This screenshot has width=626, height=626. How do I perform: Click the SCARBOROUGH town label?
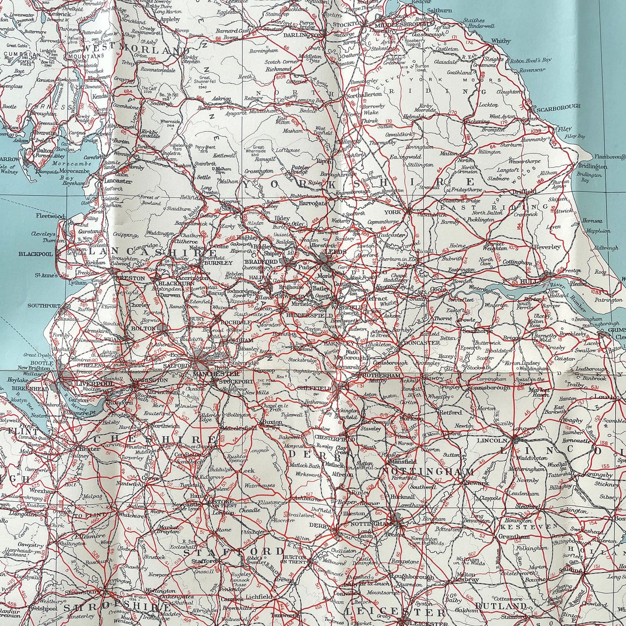pyautogui.click(x=558, y=107)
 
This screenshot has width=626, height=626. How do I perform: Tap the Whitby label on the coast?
pyautogui.click(x=501, y=41)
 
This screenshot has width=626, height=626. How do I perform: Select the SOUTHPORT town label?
pyautogui.click(x=44, y=305)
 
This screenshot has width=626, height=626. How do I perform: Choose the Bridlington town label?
pyautogui.click(x=592, y=166)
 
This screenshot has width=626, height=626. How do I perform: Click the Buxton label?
pyautogui.click(x=273, y=422)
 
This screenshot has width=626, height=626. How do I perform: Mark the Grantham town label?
pyautogui.click(x=514, y=536)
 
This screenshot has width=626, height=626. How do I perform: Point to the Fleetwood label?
pyautogui.click(x=50, y=216)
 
